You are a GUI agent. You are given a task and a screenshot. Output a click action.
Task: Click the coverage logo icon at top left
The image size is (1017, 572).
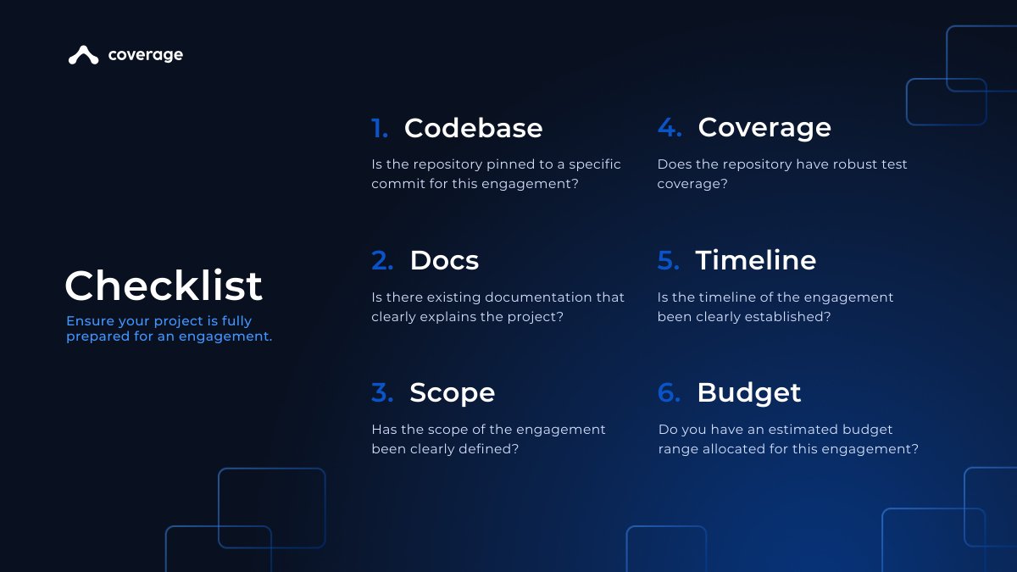83,55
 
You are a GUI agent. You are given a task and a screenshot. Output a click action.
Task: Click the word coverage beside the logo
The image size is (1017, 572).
145,55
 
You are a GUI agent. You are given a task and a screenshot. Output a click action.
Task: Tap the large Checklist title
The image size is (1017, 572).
164,286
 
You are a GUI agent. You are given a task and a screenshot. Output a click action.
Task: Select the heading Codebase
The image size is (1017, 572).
473,128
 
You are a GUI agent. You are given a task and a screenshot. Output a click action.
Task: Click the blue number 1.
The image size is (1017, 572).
380,129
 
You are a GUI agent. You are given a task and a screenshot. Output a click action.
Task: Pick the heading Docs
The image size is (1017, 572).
444,260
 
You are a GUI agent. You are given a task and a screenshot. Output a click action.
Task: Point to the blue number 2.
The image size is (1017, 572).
382,261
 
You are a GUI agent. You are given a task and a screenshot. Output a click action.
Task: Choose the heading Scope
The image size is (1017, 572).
452,392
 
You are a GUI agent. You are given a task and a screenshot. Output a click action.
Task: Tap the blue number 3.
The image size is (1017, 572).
382,393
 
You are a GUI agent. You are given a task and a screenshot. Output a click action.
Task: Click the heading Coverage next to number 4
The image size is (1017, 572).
764,128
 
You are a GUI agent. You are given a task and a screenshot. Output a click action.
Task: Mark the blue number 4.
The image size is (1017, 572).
670,129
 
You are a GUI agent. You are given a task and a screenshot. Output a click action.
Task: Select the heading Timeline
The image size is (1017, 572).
755,260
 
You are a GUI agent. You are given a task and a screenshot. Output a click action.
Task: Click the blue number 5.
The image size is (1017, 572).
669,261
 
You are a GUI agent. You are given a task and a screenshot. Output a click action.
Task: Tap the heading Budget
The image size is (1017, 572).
748,392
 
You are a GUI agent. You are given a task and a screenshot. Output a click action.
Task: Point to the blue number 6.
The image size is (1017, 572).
669,393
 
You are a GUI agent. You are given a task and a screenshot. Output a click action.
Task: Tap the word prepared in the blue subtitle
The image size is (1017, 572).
95,336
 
